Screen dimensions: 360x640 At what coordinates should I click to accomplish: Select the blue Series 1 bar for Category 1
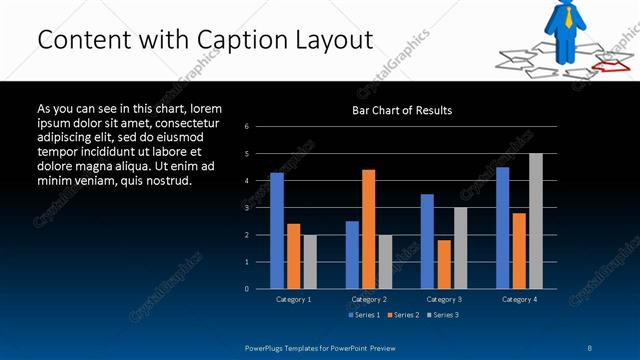click(x=277, y=230)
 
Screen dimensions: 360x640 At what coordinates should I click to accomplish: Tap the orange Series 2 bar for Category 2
click(x=369, y=228)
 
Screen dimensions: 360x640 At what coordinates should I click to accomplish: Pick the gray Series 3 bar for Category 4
click(x=536, y=220)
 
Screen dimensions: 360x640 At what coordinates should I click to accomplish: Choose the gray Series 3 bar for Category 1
click(x=310, y=261)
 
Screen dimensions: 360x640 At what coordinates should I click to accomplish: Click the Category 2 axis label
click(x=369, y=299)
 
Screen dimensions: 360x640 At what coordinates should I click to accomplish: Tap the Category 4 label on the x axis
click(x=519, y=299)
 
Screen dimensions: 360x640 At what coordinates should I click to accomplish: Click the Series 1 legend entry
click(x=362, y=315)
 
